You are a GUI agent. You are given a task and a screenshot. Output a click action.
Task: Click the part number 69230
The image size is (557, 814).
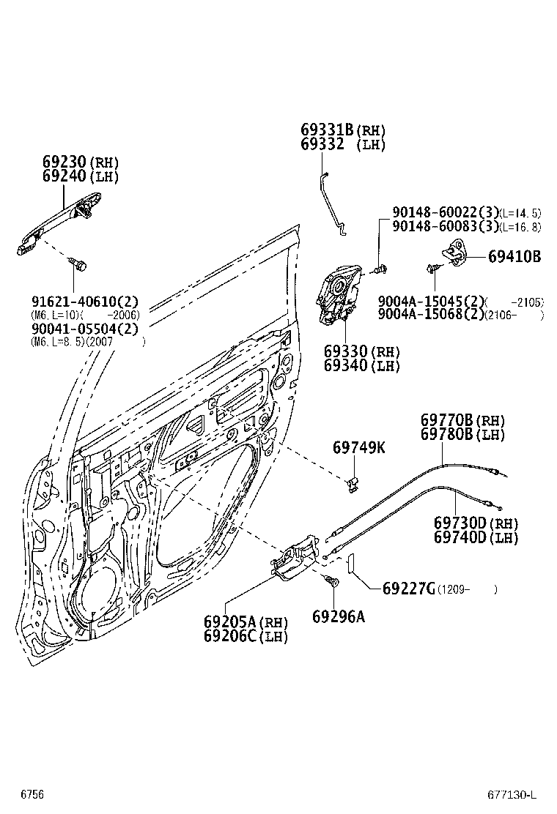tap(64, 162)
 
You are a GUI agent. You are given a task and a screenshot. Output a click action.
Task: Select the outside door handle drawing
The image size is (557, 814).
tap(59, 220)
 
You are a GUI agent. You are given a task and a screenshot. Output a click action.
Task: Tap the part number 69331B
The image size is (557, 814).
tap(327, 130)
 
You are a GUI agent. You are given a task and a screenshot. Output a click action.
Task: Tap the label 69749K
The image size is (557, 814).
tap(358, 447)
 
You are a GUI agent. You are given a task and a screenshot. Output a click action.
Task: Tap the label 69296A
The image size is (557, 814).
tap(338, 616)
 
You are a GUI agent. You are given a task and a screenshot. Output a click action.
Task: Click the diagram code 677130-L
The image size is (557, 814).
tap(512, 794)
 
